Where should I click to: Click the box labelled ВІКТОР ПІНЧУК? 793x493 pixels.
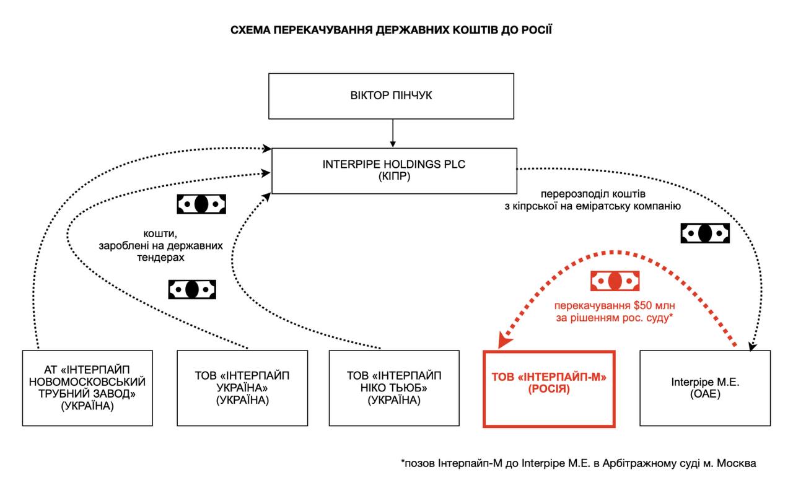click(391, 96)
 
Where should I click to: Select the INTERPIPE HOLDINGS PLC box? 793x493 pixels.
click(394, 170)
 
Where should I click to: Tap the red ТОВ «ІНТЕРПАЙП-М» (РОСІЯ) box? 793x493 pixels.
click(549, 388)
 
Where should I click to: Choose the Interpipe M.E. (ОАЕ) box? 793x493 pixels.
click(705, 388)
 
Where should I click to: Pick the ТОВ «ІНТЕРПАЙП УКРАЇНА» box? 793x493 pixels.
click(242, 388)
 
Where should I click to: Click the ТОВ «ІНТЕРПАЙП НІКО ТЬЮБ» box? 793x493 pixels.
click(394, 388)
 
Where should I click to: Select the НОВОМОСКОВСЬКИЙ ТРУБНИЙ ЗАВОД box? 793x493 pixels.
click(87, 388)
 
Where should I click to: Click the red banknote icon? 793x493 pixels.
click(615, 281)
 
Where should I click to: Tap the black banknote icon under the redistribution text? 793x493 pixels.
click(705, 233)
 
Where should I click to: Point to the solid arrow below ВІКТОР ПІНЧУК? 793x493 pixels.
click(393, 133)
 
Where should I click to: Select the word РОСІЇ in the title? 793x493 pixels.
click(534, 30)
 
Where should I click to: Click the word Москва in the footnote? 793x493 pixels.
click(738, 463)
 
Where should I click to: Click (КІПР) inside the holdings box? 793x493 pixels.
click(394, 177)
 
